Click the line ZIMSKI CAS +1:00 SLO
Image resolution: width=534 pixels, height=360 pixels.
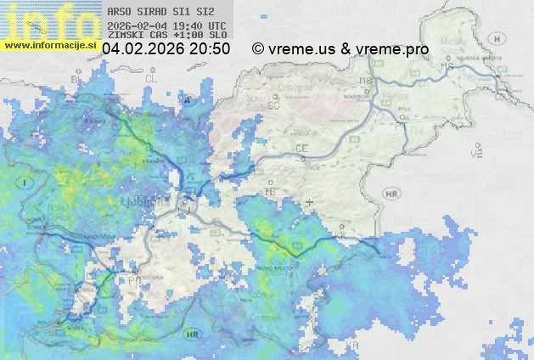167,36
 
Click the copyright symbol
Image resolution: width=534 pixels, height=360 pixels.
258,49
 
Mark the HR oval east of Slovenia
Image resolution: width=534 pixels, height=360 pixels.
391,194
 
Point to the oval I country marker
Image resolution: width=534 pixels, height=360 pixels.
26,183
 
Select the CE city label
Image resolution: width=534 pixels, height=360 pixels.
301,148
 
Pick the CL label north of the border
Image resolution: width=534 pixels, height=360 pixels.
152,77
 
